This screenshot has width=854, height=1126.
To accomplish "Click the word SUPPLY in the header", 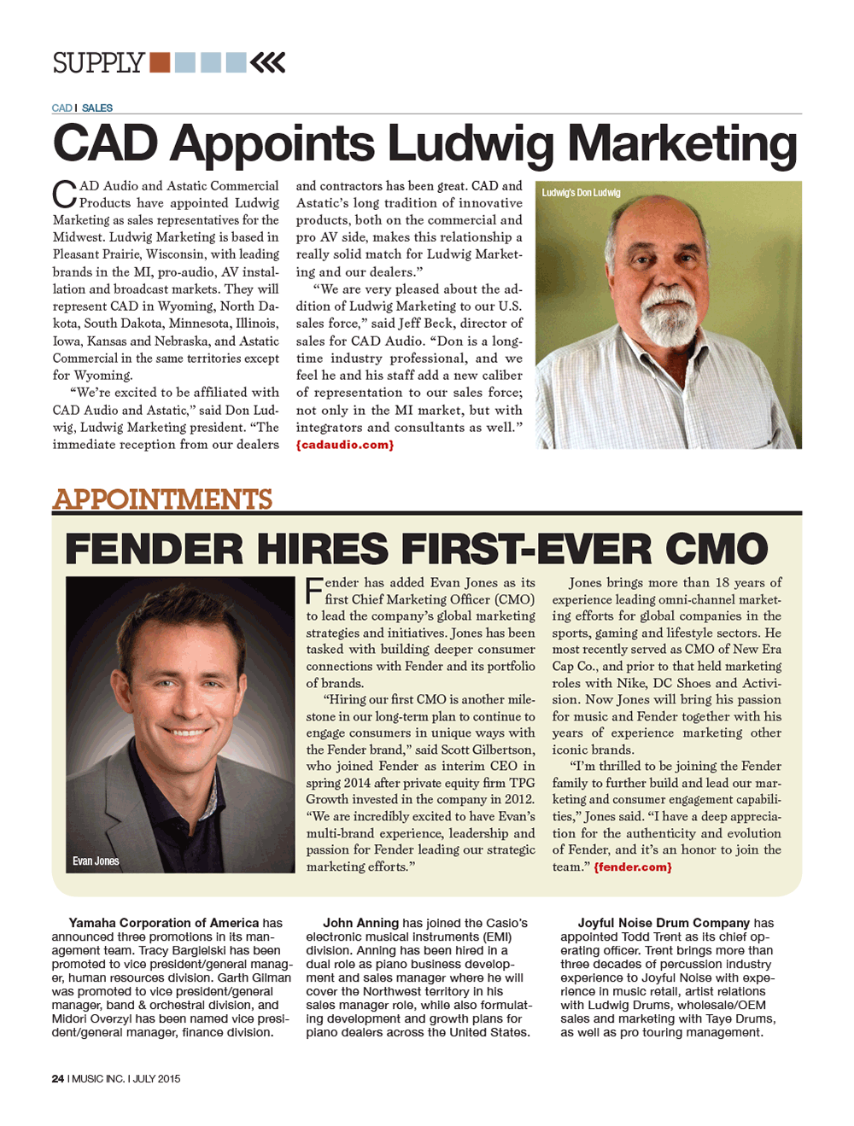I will tap(97, 63).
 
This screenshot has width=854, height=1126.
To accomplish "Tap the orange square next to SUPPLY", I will tap(160, 62).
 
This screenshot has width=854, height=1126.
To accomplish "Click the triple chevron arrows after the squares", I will tap(268, 62).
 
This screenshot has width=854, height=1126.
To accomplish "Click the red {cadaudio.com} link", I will tap(345, 445).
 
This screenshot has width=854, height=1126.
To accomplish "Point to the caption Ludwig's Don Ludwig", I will tap(581, 193).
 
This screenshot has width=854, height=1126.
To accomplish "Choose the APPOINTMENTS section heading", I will tap(162, 499).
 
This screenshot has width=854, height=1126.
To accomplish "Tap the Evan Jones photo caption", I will tap(96, 861).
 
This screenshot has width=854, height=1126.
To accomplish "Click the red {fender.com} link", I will tap(633, 866).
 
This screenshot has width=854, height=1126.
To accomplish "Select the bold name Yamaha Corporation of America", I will tap(163, 923).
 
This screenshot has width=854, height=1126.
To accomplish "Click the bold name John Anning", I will tap(360, 923).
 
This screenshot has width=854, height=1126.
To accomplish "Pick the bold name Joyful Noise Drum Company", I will tap(664, 923).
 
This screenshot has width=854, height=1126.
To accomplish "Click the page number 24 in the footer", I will tap(58, 1078).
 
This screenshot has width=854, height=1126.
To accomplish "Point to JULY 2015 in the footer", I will tap(156, 1078).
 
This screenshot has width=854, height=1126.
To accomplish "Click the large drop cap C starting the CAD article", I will tap(65, 194).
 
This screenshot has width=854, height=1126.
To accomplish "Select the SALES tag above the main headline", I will tap(97, 108).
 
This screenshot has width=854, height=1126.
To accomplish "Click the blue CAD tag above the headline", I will tap(61, 108).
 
